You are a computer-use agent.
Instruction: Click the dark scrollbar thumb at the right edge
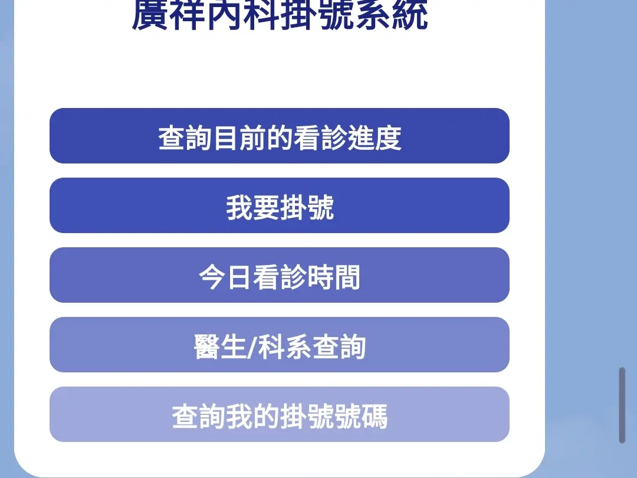622,405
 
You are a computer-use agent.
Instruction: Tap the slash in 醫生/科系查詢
251,348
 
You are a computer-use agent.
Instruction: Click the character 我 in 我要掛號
239,208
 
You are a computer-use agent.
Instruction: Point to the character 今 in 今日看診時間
212,277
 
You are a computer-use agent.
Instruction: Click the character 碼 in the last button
374,417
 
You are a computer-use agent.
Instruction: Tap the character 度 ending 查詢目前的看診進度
388,138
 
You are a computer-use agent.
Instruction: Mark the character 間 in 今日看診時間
347,277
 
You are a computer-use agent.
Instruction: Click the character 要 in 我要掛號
266,208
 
